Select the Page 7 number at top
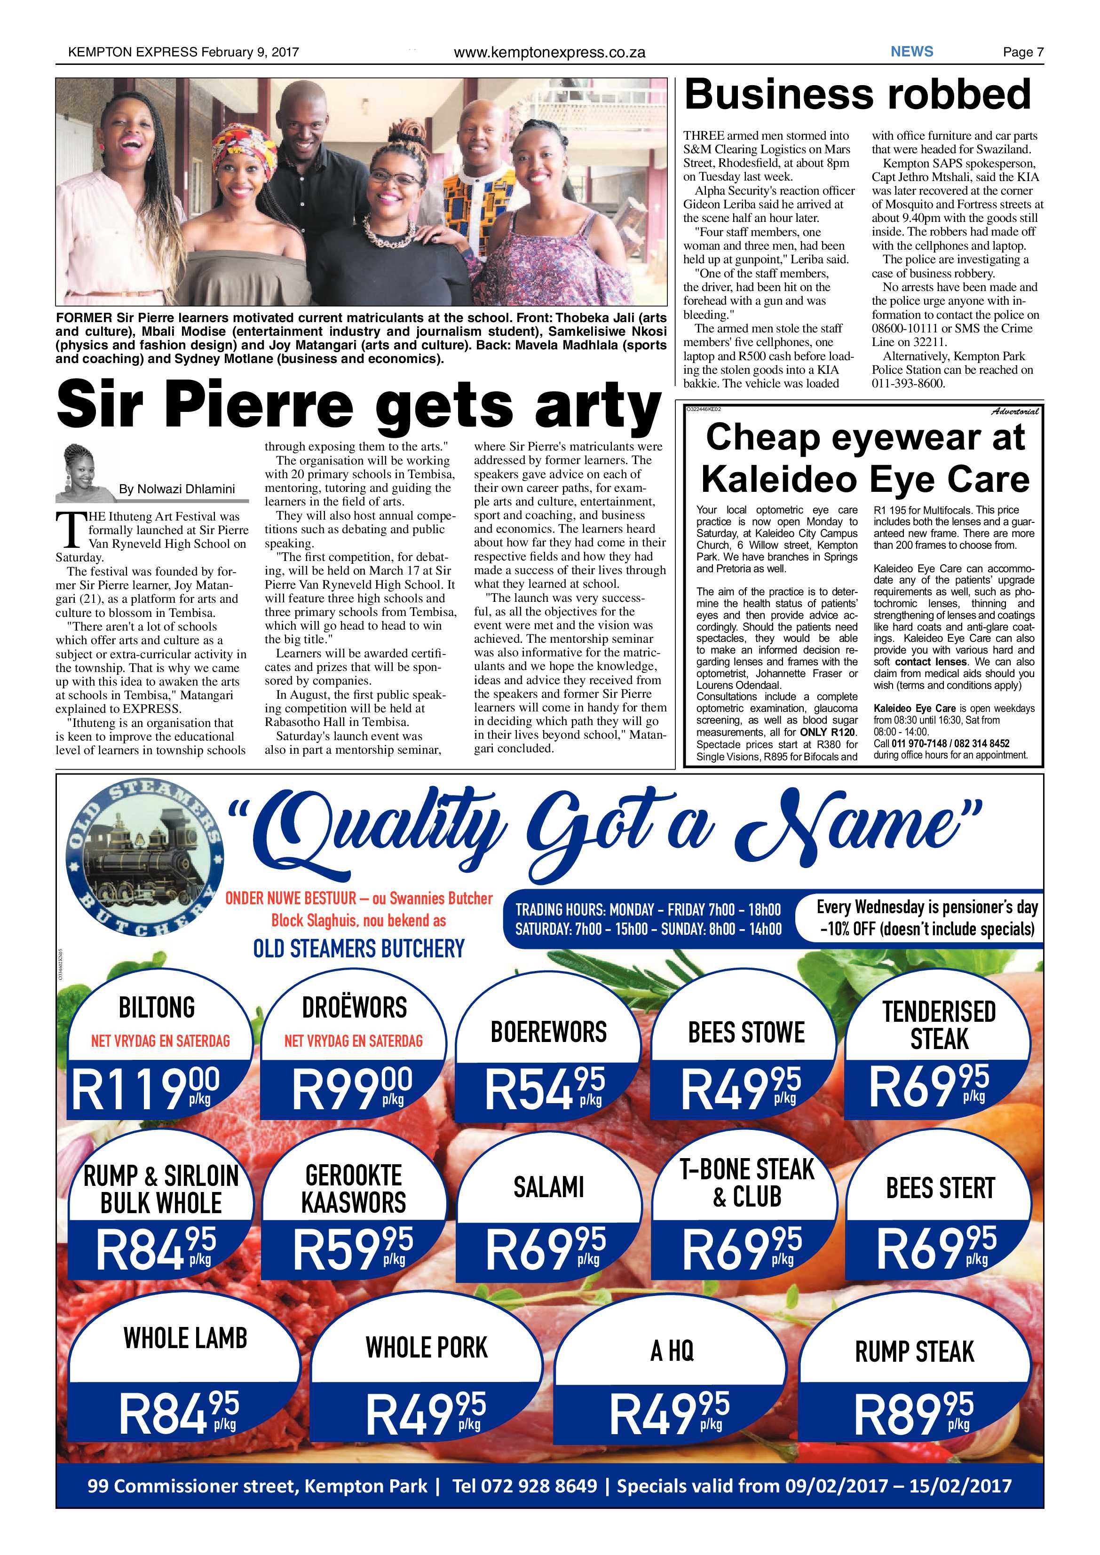click(x=1023, y=52)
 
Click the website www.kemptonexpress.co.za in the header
click(x=549, y=53)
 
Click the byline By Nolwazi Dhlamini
click(x=177, y=489)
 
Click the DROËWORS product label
click(x=354, y=1007)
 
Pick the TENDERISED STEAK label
click(x=939, y=1025)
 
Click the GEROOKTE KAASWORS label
click(x=354, y=1189)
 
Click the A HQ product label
click(x=672, y=1351)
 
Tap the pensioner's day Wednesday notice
click(x=926, y=918)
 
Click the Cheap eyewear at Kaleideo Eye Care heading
click(x=864, y=458)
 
